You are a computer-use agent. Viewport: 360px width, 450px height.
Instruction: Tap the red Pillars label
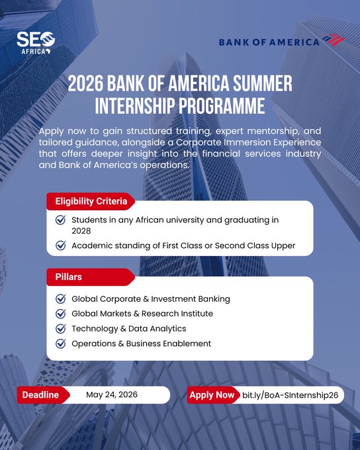click(68, 276)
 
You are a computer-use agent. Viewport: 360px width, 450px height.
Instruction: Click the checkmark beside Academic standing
click(61, 246)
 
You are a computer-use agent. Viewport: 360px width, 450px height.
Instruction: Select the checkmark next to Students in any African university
click(61, 220)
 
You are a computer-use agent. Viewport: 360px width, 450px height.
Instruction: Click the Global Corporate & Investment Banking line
click(150, 298)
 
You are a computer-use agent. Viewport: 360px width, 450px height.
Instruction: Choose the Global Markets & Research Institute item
click(142, 314)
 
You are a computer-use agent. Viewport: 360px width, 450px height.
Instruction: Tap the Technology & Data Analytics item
click(128, 328)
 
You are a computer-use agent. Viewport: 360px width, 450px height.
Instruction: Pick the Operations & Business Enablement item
click(141, 343)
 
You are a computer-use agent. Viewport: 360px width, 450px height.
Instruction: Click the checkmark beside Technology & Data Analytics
click(61, 328)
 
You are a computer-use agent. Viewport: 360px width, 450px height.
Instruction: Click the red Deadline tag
click(41, 395)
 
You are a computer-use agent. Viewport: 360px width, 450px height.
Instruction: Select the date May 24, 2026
click(111, 395)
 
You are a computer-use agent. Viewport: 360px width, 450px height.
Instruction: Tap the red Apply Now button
click(212, 395)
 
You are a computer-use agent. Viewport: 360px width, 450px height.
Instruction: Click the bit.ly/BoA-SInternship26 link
click(290, 395)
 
